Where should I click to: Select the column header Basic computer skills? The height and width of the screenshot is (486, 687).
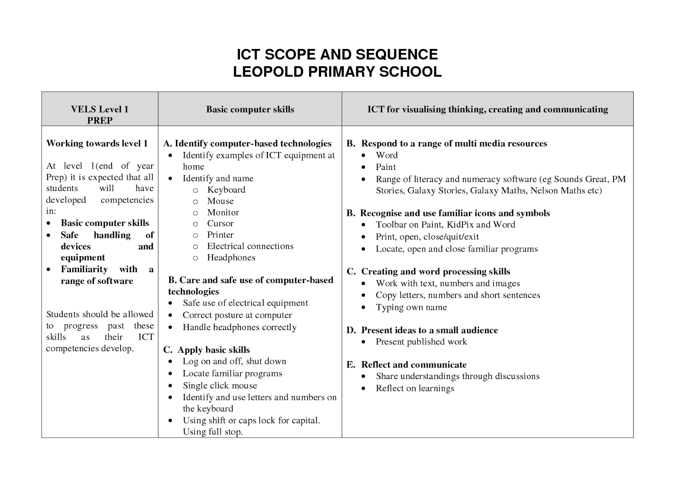click(x=250, y=109)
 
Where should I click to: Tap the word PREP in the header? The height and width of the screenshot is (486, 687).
click(x=100, y=121)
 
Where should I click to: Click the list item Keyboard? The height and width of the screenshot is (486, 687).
click(x=226, y=190)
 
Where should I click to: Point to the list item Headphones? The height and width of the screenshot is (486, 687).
click(x=231, y=258)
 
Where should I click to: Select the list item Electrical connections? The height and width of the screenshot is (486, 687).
click(x=250, y=246)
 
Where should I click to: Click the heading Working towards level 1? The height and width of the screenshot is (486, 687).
click(x=97, y=143)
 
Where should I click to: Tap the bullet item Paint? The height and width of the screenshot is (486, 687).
click(x=386, y=167)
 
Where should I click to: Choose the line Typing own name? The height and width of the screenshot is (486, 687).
click(x=411, y=307)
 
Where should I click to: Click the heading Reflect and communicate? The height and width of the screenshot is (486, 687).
click(x=413, y=365)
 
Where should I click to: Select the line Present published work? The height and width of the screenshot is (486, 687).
click(x=421, y=342)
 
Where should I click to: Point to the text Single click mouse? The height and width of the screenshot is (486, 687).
click(x=219, y=386)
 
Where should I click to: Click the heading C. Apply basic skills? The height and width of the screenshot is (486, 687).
click(x=206, y=350)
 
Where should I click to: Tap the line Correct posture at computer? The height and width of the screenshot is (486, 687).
click(x=237, y=315)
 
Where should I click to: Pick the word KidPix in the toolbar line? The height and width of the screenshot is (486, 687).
click(x=460, y=225)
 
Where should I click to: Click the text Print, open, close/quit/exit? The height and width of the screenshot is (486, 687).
click(x=427, y=237)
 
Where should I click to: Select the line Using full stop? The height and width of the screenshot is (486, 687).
click(x=213, y=432)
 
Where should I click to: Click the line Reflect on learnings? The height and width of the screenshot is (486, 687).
click(x=414, y=389)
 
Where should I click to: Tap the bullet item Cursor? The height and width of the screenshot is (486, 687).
click(x=220, y=224)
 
